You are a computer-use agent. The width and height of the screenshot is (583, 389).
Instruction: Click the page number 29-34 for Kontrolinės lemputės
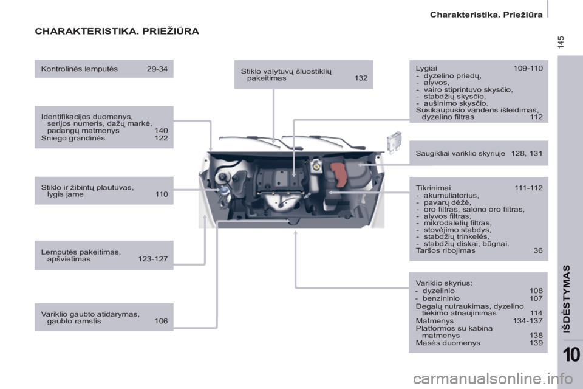click(157, 69)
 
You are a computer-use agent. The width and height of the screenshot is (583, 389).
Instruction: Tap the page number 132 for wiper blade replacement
click(361, 78)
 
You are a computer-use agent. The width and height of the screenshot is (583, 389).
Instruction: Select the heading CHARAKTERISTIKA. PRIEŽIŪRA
click(117, 31)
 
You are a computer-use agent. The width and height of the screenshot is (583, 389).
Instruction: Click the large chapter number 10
click(571, 354)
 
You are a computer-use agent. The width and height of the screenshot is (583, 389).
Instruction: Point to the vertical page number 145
click(561, 42)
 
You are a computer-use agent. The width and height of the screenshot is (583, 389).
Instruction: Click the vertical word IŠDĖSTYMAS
click(566, 299)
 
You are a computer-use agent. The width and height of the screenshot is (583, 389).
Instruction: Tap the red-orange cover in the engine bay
click(339, 175)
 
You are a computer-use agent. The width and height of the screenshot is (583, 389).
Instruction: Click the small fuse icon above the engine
click(394, 142)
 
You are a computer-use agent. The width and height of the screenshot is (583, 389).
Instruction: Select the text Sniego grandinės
click(73, 138)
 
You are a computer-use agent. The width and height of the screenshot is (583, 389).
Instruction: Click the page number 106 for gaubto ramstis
click(161, 321)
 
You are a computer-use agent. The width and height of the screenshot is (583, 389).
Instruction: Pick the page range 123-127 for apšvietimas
click(153, 259)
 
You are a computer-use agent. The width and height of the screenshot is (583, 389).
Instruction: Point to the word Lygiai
click(426, 69)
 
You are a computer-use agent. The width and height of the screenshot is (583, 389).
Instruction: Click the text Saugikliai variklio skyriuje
click(460, 153)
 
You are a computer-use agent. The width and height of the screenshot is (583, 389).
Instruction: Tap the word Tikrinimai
click(433, 188)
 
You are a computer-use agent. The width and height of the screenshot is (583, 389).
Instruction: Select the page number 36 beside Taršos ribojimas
click(538, 250)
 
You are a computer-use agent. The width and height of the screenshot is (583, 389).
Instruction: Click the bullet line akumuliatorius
click(451, 196)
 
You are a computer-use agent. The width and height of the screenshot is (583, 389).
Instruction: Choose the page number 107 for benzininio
click(536, 298)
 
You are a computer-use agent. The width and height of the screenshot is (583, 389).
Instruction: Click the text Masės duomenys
click(448, 343)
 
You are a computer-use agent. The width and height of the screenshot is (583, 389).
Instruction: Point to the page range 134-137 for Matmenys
click(528, 320)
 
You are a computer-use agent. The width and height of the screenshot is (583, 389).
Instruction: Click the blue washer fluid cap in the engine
click(224, 191)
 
